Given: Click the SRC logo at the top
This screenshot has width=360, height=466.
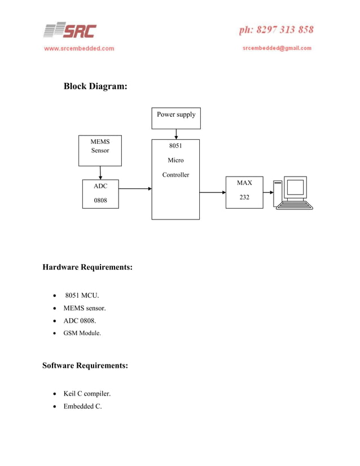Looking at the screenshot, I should tap(70, 30).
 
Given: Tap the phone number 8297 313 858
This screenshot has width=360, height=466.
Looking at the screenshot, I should tap(276, 30).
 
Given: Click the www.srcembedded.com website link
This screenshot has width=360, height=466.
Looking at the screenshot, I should tap(79, 49).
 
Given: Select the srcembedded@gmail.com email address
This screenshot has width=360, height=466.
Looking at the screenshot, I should tap(276, 49).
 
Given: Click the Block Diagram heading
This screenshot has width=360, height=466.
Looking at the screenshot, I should tap(95, 86).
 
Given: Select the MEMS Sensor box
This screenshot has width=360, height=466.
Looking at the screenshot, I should tap(100, 150).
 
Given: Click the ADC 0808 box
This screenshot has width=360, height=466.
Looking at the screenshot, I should tap(100, 194).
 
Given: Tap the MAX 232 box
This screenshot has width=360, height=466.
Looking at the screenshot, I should tap(244, 192).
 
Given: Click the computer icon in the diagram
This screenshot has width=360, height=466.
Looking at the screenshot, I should tap(293, 193).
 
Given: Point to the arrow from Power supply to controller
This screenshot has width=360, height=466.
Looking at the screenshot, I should tap(177, 134).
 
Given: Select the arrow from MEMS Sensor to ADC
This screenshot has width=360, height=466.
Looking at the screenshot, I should tap(100, 173).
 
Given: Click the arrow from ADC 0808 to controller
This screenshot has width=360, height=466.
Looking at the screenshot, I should tap(135, 188).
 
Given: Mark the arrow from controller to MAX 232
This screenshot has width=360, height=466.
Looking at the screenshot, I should tap(213, 192).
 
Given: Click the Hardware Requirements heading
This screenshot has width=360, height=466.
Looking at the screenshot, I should tap(87, 267).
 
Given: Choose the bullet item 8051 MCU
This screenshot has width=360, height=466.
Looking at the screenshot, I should tap(82, 295).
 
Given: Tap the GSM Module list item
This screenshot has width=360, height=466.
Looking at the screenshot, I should tap(82, 333).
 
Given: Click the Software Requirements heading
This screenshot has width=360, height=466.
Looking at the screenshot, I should tap(85, 366).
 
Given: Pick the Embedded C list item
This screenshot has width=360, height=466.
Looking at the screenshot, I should tap(82, 407).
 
